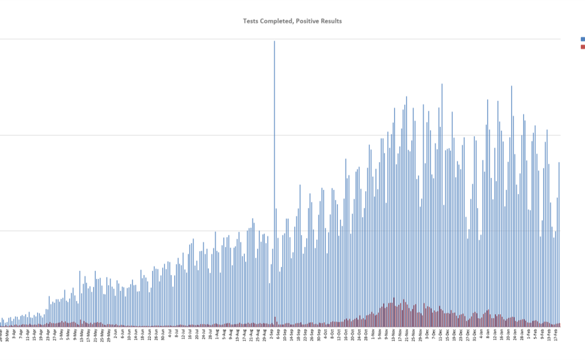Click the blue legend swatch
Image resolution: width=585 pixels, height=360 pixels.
[x=582, y=39]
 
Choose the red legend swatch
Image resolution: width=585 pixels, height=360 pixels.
[x=582, y=46]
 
